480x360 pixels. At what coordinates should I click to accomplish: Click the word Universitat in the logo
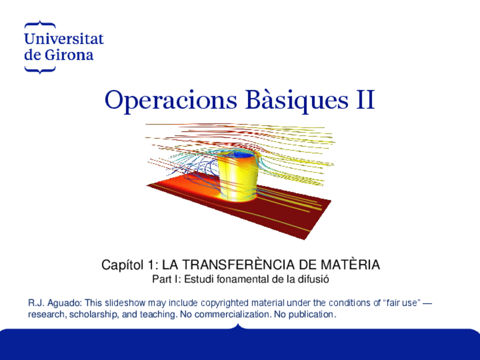tap(64, 38)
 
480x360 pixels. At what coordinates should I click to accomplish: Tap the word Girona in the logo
tap(69, 55)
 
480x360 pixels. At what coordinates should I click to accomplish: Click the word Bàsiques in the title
tap(297, 100)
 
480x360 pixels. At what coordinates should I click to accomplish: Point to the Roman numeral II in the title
tap(366, 100)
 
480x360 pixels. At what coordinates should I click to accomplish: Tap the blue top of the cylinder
tap(241, 155)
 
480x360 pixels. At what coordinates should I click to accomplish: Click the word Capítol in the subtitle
tap(122, 265)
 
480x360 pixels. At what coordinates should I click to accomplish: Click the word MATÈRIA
tap(350, 264)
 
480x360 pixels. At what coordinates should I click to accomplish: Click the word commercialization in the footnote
tap(233, 314)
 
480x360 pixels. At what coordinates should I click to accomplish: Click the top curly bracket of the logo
tap(40, 24)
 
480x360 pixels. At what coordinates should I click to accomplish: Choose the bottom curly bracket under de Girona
tap(40, 70)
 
